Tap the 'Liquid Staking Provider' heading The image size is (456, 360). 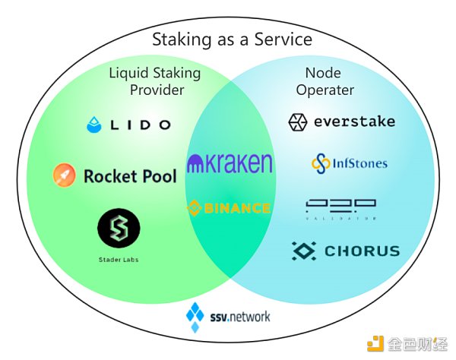pos(154,82)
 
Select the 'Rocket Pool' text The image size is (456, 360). pos(130,177)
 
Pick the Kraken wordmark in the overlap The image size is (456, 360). pos(229,163)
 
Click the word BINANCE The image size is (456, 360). pos(236,208)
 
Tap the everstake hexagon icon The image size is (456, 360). pos(297,122)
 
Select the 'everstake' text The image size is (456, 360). pos(353,122)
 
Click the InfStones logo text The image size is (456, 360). pos(359,163)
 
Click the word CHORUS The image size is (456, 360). pos(362,251)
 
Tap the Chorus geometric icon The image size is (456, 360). pos(305,251)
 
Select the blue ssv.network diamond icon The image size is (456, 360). pos(197,313)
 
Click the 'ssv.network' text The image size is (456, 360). pos(240,315)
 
